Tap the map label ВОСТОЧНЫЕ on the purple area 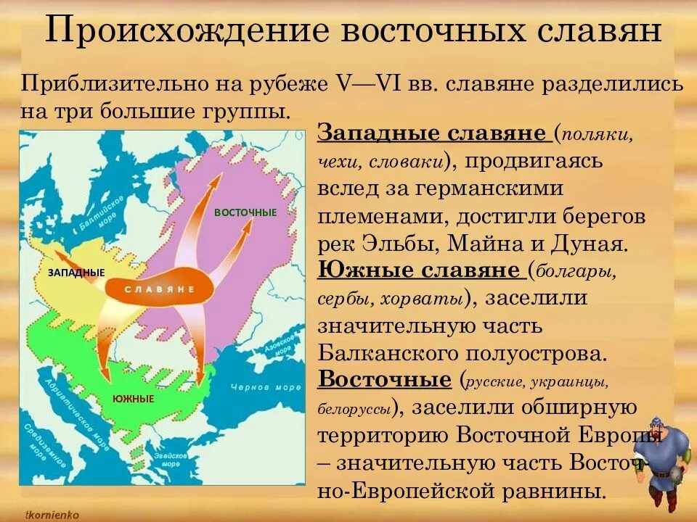(x=245, y=212)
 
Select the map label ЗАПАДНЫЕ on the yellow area (x=76, y=273)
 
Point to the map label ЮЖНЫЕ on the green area (x=133, y=399)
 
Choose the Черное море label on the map (x=256, y=387)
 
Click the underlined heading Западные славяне (x=432, y=134)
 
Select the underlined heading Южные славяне (x=420, y=270)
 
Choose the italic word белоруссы (x=355, y=408)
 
